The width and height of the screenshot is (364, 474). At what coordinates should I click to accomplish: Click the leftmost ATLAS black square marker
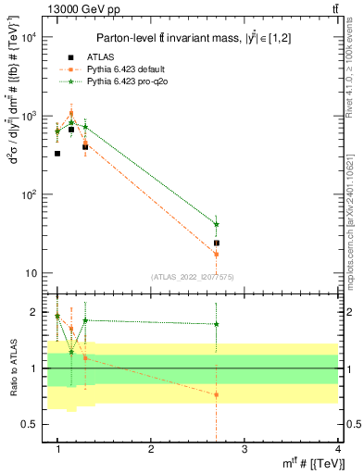pyautogui.click(x=57, y=154)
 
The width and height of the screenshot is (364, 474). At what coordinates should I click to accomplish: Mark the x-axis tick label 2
pyautogui.click(x=151, y=449)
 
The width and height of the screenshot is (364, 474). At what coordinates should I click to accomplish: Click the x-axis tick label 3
pyautogui.click(x=244, y=449)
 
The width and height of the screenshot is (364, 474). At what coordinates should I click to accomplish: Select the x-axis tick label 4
pyautogui.click(x=337, y=449)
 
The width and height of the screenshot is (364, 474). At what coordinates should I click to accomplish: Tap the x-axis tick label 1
pyautogui.click(x=57, y=449)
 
